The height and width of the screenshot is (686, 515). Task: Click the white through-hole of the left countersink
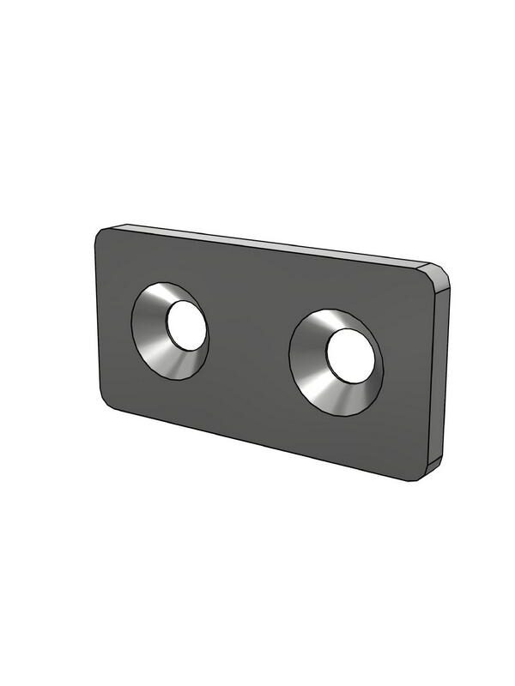tap(186, 327)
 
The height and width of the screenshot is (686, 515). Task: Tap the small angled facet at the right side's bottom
tap(434, 465)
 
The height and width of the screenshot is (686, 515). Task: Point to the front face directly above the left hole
tap(172, 262)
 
